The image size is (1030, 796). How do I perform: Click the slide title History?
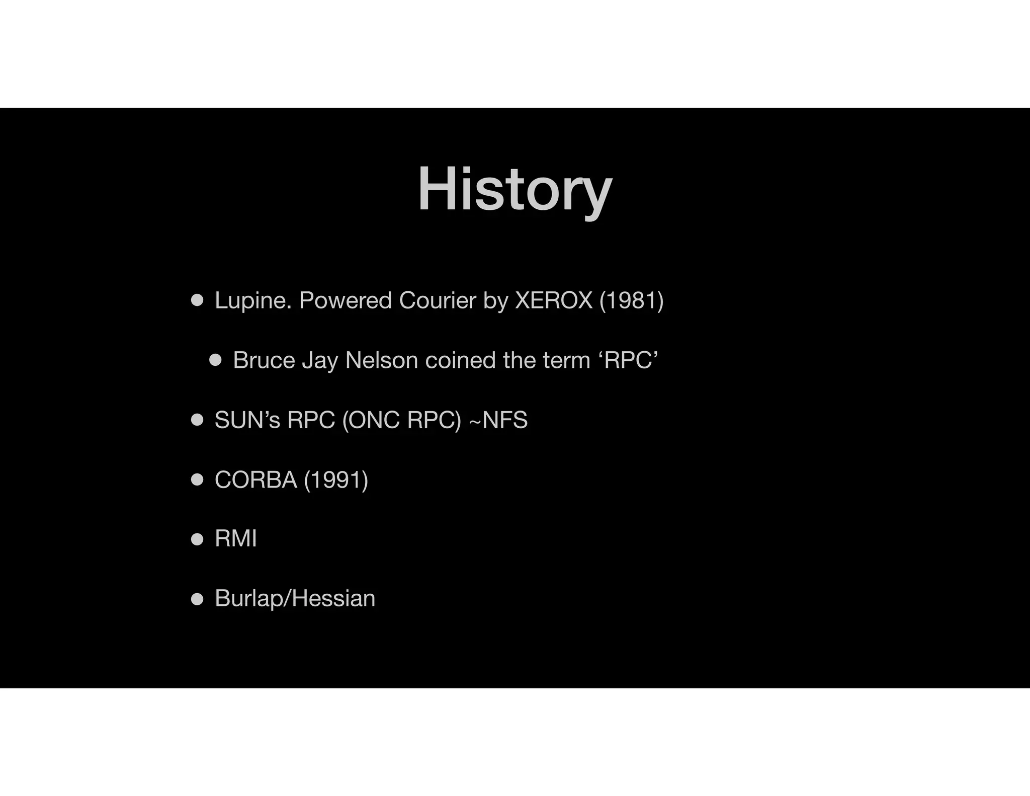click(x=514, y=190)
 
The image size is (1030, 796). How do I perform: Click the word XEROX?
click(x=554, y=300)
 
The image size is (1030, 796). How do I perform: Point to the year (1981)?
click(x=631, y=300)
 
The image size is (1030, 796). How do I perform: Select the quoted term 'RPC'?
click(x=631, y=360)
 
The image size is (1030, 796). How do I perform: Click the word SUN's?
click(x=247, y=420)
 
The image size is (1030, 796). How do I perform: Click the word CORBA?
click(x=255, y=480)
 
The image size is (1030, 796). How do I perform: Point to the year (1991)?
click(x=336, y=480)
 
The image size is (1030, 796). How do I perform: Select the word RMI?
click(x=235, y=539)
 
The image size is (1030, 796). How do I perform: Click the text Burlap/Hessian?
click(x=295, y=599)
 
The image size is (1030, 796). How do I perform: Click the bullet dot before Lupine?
click(x=197, y=300)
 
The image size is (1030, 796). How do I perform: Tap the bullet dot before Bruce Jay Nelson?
click(x=215, y=360)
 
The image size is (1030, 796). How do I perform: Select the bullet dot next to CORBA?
click(x=197, y=480)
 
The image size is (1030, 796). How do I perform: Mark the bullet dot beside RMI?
click(x=197, y=539)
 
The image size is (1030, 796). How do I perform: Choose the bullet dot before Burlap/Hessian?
click(x=197, y=599)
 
